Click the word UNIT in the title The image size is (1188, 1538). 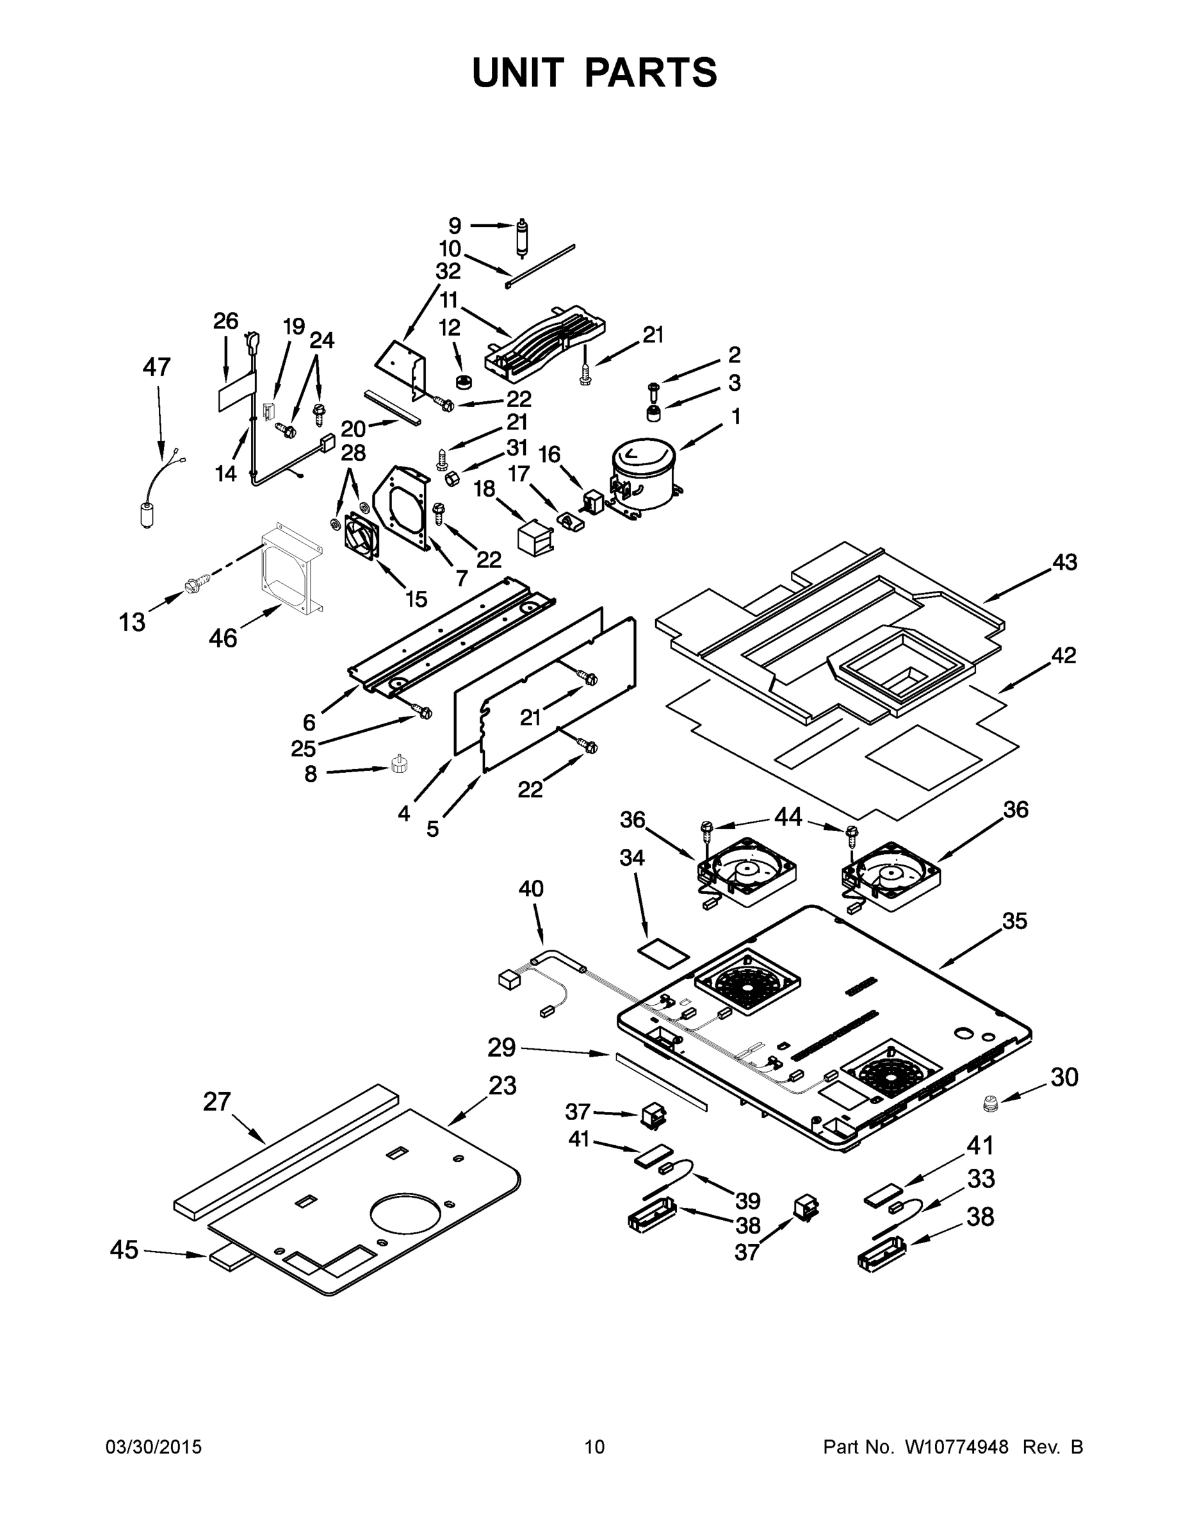click(x=518, y=72)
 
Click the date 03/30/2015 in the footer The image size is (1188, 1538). click(x=154, y=1447)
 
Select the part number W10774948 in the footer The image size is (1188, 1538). click(x=956, y=1447)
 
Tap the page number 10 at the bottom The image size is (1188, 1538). click(x=594, y=1447)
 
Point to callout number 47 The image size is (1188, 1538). click(x=156, y=367)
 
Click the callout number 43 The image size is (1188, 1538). click(x=1064, y=562)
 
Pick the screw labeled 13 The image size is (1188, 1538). click(x=193, y=584)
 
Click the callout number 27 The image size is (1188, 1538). click(x=216, y=1101)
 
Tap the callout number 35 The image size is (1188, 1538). click(x=1014, y=920)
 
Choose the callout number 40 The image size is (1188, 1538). click(x=531, y=889)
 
